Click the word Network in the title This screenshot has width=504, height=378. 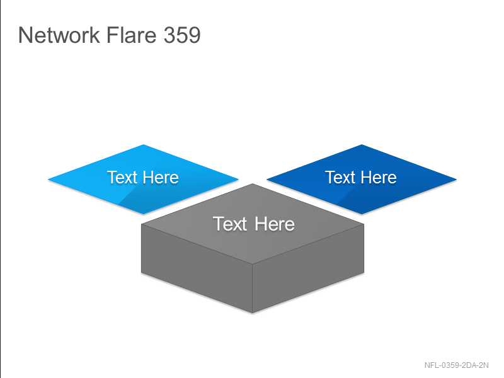coord(59,35)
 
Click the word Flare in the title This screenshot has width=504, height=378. coord(132,35)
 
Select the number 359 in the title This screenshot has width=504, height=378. coord(182,35)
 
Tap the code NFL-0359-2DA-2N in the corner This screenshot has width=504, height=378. coord(456,365)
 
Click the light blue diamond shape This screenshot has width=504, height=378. coord(144,179)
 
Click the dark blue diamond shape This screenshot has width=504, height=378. coord(362,179)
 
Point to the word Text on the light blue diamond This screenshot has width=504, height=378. coord(122,178)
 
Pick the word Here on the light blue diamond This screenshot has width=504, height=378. coord(161,178)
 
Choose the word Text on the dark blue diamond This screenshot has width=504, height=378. coord(340,178)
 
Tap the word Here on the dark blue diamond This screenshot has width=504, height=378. coord(379,178)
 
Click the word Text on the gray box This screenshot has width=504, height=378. coord(230,224)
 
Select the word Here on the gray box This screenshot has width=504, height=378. coord(275,224)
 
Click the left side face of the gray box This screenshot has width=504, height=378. coord(197,268)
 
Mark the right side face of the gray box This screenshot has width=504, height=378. coord(308,268)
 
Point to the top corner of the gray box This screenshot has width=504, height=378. coord(253,184)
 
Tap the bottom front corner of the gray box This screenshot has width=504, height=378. coord(253,312)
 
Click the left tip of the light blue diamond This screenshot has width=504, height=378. coord(49,180)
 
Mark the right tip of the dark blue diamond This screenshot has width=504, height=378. coord(456,180)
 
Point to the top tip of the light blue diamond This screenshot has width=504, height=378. coord(144,145)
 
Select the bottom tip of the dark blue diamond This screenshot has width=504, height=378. coord(362,214)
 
